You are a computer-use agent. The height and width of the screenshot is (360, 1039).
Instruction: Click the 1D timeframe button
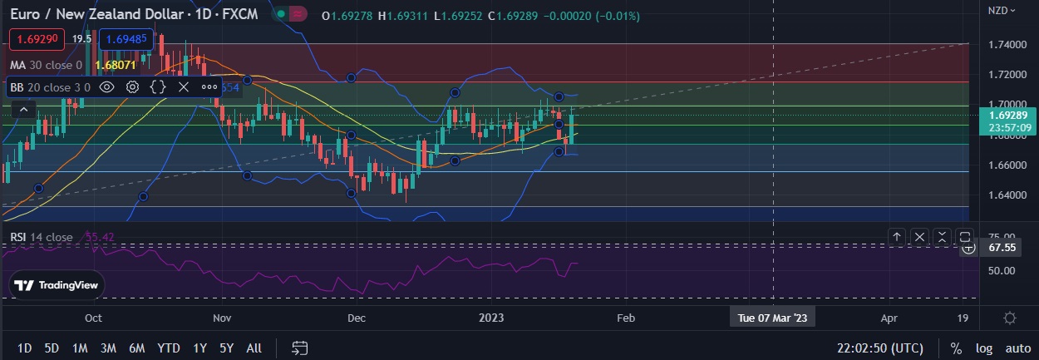[x=25, y=348]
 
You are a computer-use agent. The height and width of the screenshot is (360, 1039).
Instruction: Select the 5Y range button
[x=226, y=348]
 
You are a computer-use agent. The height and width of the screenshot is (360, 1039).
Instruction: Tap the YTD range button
[x=169, y=348]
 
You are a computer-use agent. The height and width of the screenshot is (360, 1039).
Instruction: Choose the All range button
[x=254, y=348]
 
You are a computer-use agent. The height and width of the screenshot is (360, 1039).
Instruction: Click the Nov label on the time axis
[x=222, y=318]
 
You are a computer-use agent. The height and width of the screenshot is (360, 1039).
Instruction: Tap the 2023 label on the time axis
[x=492, y=318]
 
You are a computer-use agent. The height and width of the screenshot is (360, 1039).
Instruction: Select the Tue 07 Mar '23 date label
[x=772, y=318]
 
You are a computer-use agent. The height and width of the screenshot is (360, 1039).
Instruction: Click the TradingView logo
[x=57, y=285]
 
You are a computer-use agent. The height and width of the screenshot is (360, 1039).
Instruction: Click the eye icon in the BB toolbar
[x=106, y=86]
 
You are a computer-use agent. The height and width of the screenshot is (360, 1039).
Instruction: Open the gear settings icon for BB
[x=132, y=86]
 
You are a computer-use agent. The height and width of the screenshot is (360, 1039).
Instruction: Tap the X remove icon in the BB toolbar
[x=184, y=86]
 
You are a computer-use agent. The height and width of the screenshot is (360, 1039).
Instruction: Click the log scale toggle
[x=984, y=348]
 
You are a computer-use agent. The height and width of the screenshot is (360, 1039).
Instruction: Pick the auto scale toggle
[x=1017, y=348]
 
